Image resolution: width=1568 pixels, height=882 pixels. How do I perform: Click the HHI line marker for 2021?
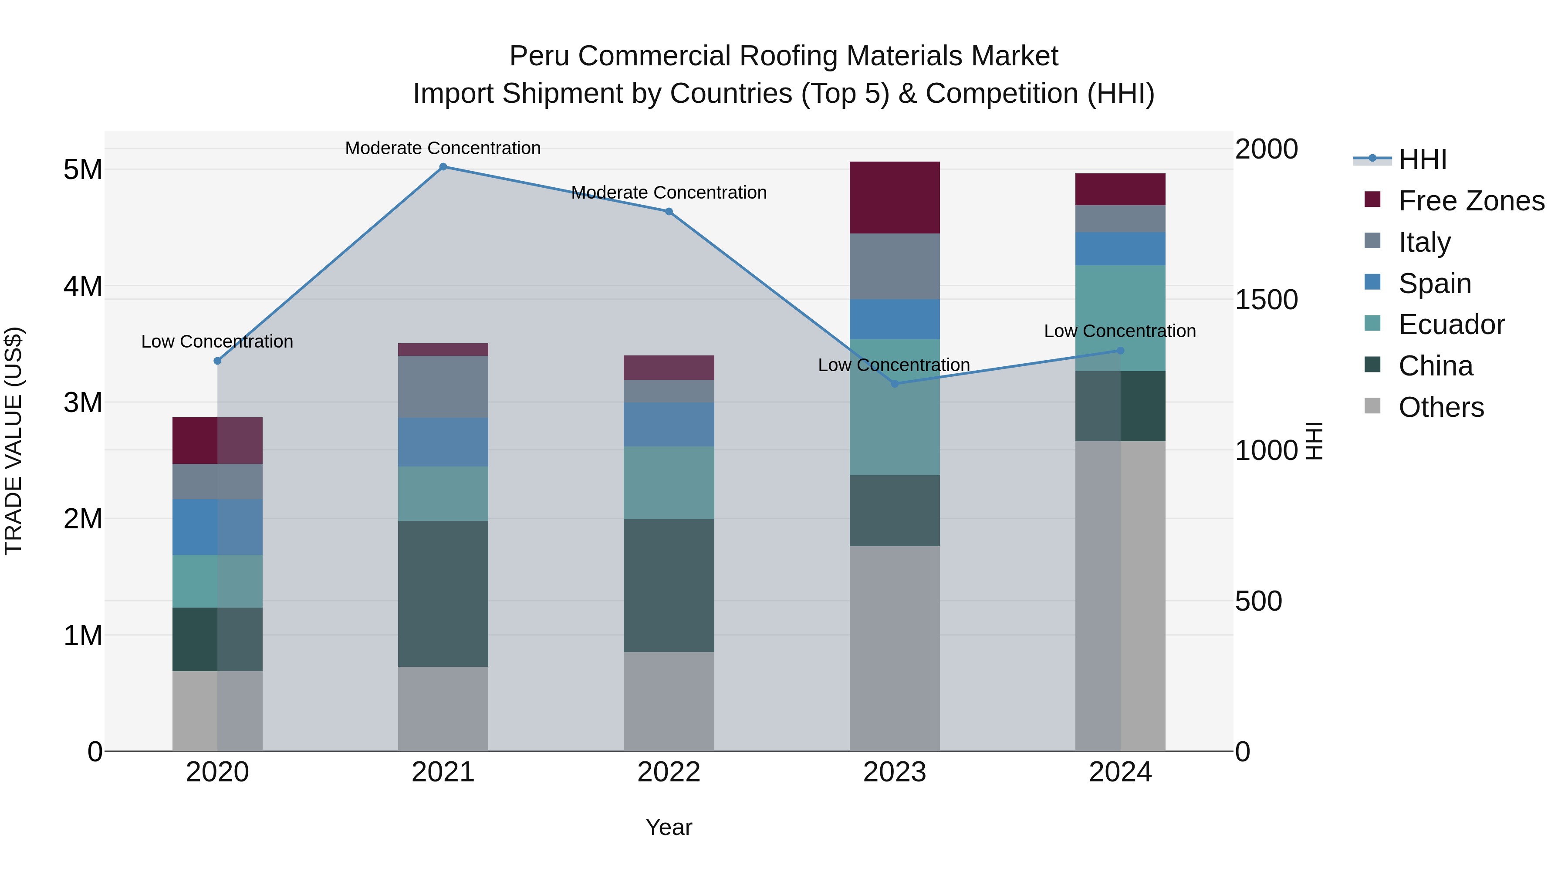(443, 167)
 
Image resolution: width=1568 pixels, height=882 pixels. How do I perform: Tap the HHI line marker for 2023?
(895, 383)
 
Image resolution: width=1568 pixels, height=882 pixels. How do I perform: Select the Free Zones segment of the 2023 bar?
(895, 198)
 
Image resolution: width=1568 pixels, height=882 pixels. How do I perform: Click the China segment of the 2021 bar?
(443, 594)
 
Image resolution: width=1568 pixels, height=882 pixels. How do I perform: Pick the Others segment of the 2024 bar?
(1120, 597)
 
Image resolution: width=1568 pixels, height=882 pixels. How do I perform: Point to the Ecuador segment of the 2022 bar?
(668, 483)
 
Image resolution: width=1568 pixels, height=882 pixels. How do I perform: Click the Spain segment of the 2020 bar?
(217, 527)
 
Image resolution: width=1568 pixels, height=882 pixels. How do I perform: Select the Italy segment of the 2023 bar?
(895, 267)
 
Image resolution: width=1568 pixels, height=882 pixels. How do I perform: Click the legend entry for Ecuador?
(1451, 324)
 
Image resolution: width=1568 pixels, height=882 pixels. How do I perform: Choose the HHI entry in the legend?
(1422, 159)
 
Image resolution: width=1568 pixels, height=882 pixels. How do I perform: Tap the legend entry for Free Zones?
(1470, 201)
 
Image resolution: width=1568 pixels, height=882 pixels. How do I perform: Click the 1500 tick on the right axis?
(1266, 300)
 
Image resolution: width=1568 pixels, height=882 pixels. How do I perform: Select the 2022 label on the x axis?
(668, 772)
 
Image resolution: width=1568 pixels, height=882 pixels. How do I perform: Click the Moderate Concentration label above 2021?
(443, 148)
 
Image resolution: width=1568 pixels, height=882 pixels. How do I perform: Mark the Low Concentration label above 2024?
(1120, 331)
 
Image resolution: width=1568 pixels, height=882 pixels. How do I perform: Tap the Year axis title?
(668, 827)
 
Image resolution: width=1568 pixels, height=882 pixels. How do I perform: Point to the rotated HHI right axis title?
(1315, 441)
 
